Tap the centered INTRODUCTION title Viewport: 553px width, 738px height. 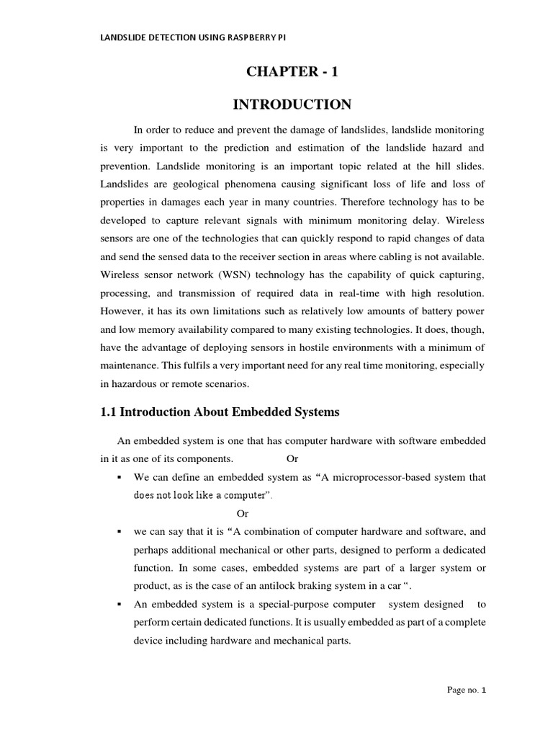(292, 105)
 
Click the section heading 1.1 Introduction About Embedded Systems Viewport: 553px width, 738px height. (219, 413)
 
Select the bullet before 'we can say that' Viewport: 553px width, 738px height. (117, 532)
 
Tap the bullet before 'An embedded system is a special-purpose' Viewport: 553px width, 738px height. (117, 605)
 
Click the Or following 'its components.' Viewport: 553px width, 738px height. (292, 458)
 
